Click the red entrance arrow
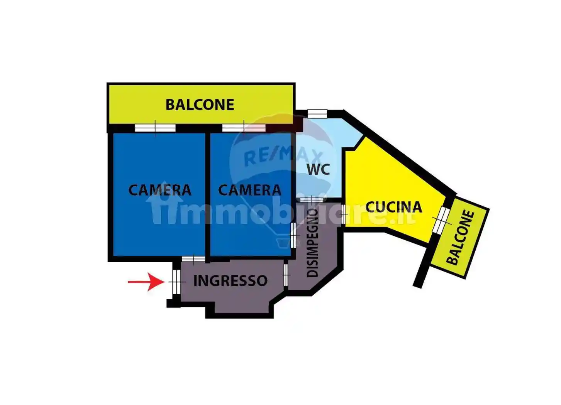pos(146,282)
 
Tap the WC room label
pos(318,169)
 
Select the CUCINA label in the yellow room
pos(393,207)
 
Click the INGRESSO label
pos(230,281)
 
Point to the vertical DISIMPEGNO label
pos(313,243)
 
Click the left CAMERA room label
pos(159,190)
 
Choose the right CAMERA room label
pos(250,190)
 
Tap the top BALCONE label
pos(200,105)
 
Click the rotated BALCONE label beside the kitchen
pos(460,238)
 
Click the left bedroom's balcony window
pos(155,128)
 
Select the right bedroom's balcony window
pos(244,128)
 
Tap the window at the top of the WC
pos(317,113)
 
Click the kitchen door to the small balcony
pos(441,219)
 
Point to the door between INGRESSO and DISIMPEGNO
pos(286,275)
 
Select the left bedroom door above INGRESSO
pos(193,259)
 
